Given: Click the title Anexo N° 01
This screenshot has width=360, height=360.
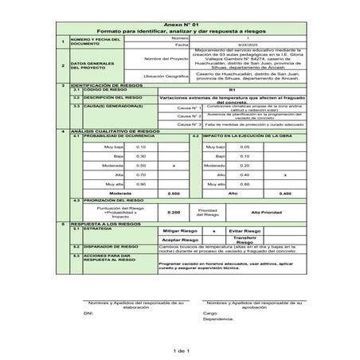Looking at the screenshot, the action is tap(180, 25).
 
